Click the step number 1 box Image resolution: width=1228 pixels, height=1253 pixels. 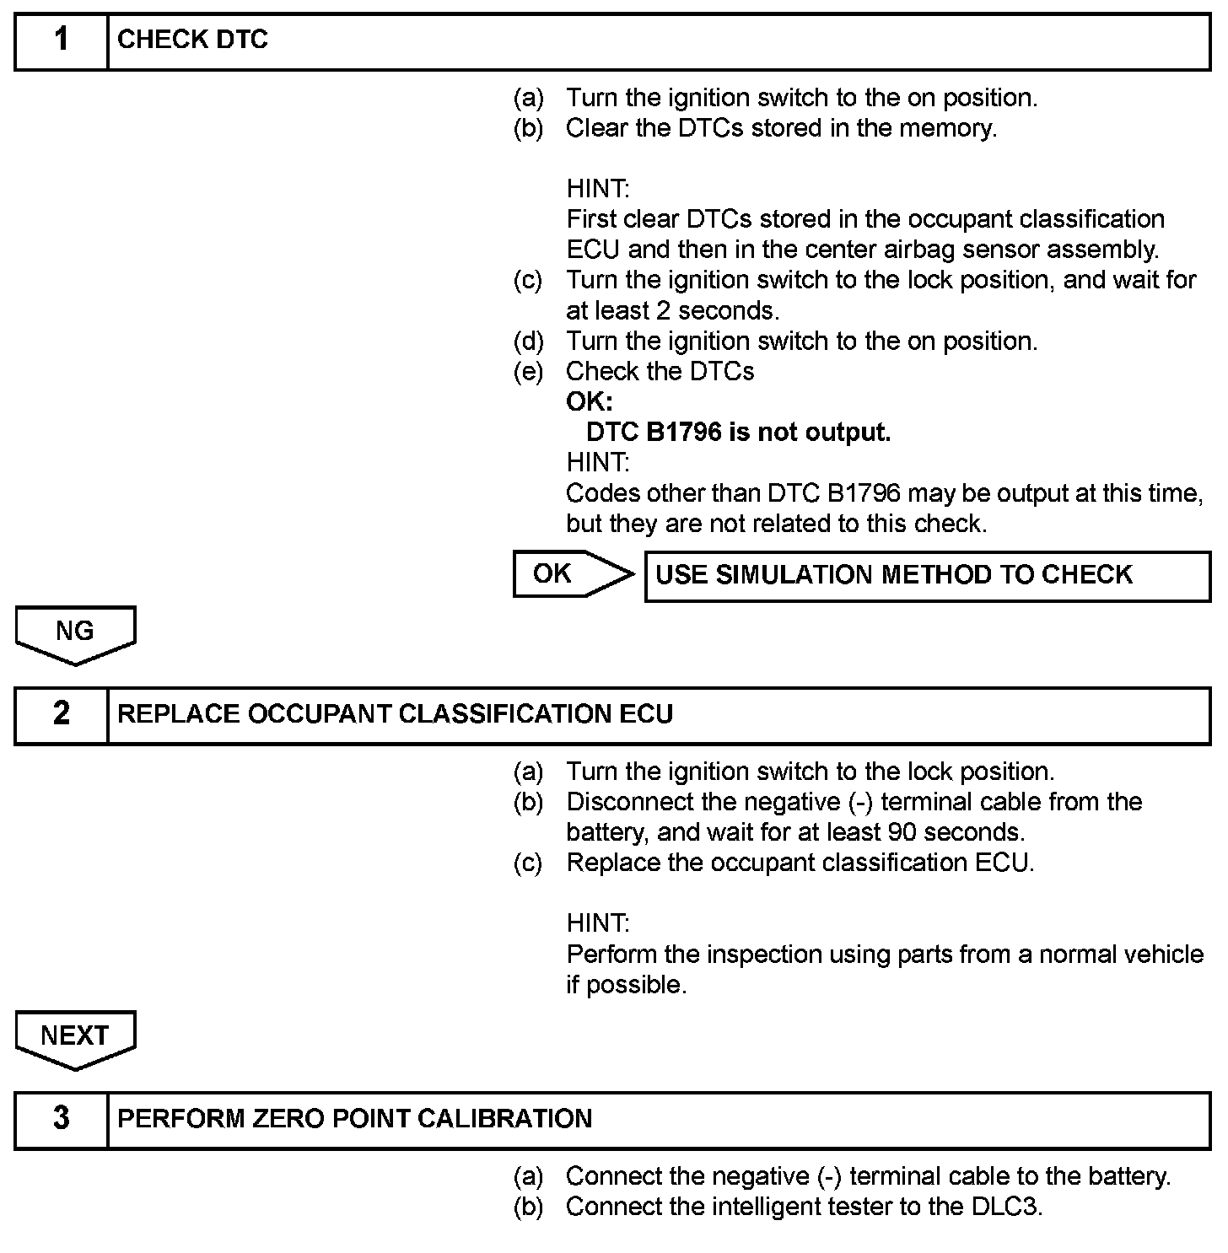(62, 40)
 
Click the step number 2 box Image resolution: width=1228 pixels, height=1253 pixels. (62, 714)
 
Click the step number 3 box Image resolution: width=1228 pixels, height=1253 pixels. (62, 1119)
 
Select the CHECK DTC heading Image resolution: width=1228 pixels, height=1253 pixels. (192, 40)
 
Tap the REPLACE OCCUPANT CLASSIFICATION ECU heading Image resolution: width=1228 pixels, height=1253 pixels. (395, 714)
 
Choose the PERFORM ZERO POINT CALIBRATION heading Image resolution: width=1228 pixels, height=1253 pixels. (354, 1119)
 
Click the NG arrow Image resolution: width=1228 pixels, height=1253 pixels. (75, 633)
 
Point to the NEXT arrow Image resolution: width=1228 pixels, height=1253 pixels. (75, 1038)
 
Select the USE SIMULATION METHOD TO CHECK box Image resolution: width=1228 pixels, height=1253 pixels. (926, 575)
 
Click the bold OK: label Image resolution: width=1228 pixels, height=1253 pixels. (590, 402)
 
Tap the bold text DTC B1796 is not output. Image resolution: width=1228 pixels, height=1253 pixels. (738, 433)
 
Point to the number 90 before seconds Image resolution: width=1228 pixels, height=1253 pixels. (902, 832)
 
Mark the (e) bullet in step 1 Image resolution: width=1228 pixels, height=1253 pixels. (529, 372)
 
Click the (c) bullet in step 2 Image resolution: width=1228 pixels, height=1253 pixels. (529, 863)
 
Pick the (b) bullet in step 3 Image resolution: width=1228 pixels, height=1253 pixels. (529, 1207)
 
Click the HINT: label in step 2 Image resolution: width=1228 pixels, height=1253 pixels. (598, 923)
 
